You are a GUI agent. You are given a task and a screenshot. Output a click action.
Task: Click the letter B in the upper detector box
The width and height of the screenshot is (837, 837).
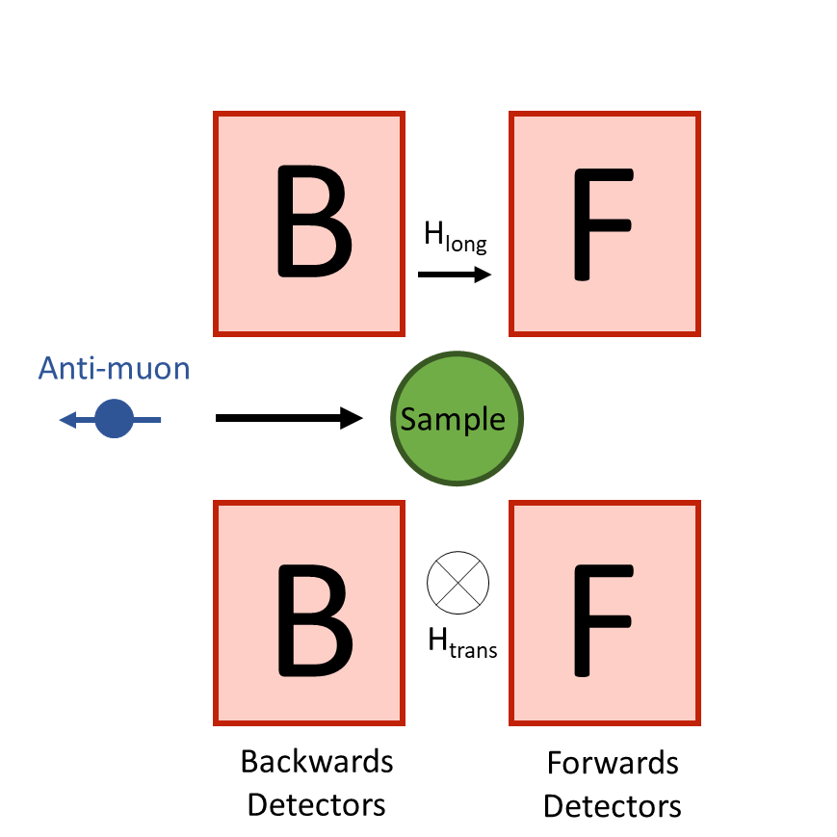tap(314, 222)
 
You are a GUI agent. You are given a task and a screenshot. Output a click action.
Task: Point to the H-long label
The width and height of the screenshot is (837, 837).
tap(456, 236)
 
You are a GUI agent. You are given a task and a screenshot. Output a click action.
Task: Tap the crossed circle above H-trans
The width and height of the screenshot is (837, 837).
tap(458, 581)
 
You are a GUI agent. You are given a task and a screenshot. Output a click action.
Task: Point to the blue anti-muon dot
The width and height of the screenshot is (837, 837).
tap(115, 419)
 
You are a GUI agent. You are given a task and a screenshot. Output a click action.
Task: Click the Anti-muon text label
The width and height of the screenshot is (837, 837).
tap(115, 368)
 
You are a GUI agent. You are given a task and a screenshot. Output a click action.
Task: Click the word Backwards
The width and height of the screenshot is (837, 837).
tap(317, 762)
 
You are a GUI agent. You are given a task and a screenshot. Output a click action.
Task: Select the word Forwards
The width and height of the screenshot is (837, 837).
tap(613, 764)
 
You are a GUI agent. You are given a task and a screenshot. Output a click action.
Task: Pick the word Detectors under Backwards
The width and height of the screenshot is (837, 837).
tap(317, 803)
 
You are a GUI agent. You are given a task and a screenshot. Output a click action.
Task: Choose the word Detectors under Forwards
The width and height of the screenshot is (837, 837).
tap(613, 805)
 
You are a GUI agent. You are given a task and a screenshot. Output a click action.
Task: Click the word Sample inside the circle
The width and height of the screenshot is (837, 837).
tap(453, 419)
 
